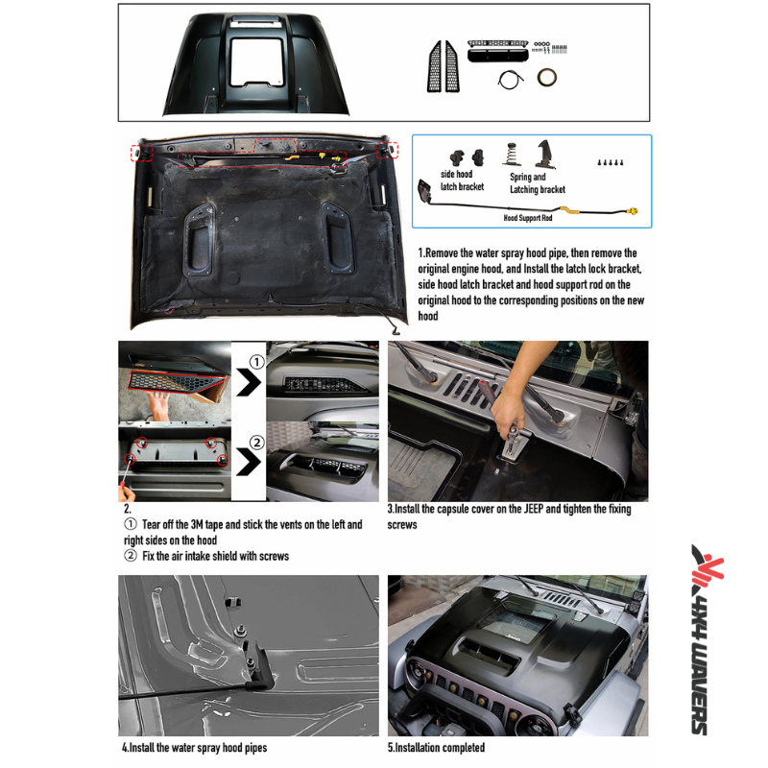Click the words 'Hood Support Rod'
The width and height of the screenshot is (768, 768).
click(530, 218)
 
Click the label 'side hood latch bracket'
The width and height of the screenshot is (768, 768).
click(462, 181)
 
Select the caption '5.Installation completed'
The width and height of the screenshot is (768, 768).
click(436, 747)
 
